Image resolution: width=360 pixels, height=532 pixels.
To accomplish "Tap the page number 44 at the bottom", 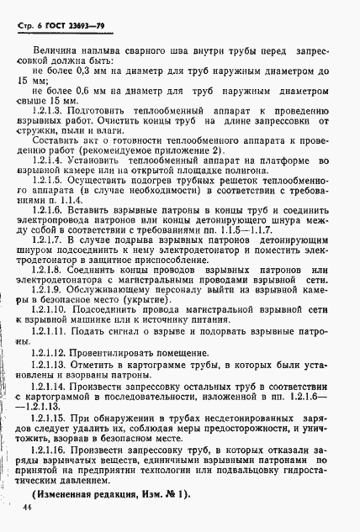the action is (x=30, y=510).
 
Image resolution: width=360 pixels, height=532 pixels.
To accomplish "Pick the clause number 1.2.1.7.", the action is (x=50, y=266).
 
